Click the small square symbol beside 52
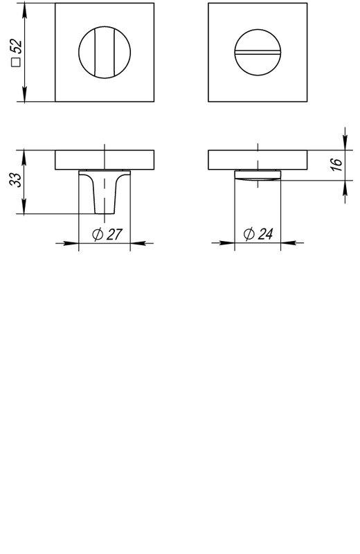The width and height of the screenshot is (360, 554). pyautogui.click(x=17, y=62)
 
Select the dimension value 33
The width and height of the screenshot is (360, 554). pyautogui.click(x=16, y=179)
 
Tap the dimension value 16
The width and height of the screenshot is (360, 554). pyautogui.click(x=338, y=165)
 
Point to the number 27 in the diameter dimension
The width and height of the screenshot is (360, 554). pyautogui.click(x=114, y=234)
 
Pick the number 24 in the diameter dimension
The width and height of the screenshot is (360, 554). pyautogui.click(x=265, y=234)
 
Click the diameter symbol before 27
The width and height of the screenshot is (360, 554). pyautogui.click(x=98, y=234)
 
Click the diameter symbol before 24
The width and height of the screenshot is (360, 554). pyautogui.click(x=249, y=234)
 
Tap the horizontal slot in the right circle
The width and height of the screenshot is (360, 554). pyautogui.click(x=258, y=53)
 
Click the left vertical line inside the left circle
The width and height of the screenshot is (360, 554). pyautogui.click(x=95, y=53)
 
